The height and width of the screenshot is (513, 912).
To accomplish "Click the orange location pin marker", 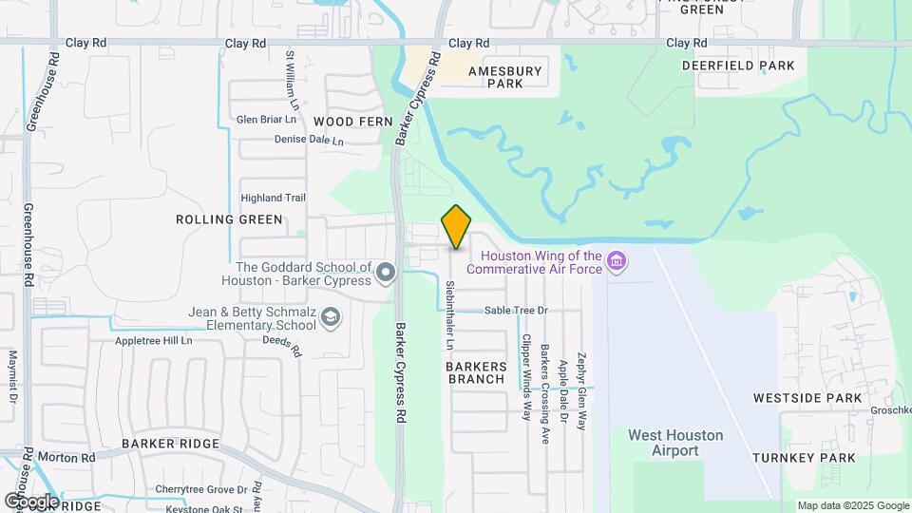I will pos(456,226).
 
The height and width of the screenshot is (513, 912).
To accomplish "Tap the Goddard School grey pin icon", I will pos(386,274).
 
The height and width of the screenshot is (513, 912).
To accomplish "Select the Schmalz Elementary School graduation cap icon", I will pos(330,317).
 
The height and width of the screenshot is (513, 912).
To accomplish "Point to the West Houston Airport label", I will pos(675,443).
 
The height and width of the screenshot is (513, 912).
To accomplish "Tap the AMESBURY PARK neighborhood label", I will pos(505,77).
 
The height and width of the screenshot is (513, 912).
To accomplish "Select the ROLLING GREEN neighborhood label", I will pos(229,219).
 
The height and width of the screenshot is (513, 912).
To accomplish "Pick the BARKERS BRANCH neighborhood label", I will pos(476,372).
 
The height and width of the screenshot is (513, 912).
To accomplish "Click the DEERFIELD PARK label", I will pos(738,66).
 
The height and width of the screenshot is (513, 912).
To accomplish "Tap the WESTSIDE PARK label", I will pos(807,398).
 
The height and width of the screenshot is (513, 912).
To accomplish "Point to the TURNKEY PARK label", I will pos(804,458).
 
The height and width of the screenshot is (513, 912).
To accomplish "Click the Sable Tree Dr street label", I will pos(517,311).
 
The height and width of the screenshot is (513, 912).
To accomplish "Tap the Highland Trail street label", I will pos(273,198).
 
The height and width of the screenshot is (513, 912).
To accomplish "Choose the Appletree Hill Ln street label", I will pos(153,340).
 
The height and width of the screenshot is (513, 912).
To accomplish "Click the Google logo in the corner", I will pos(31,501).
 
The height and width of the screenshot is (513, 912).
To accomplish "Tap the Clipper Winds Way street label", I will pos(525,376).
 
